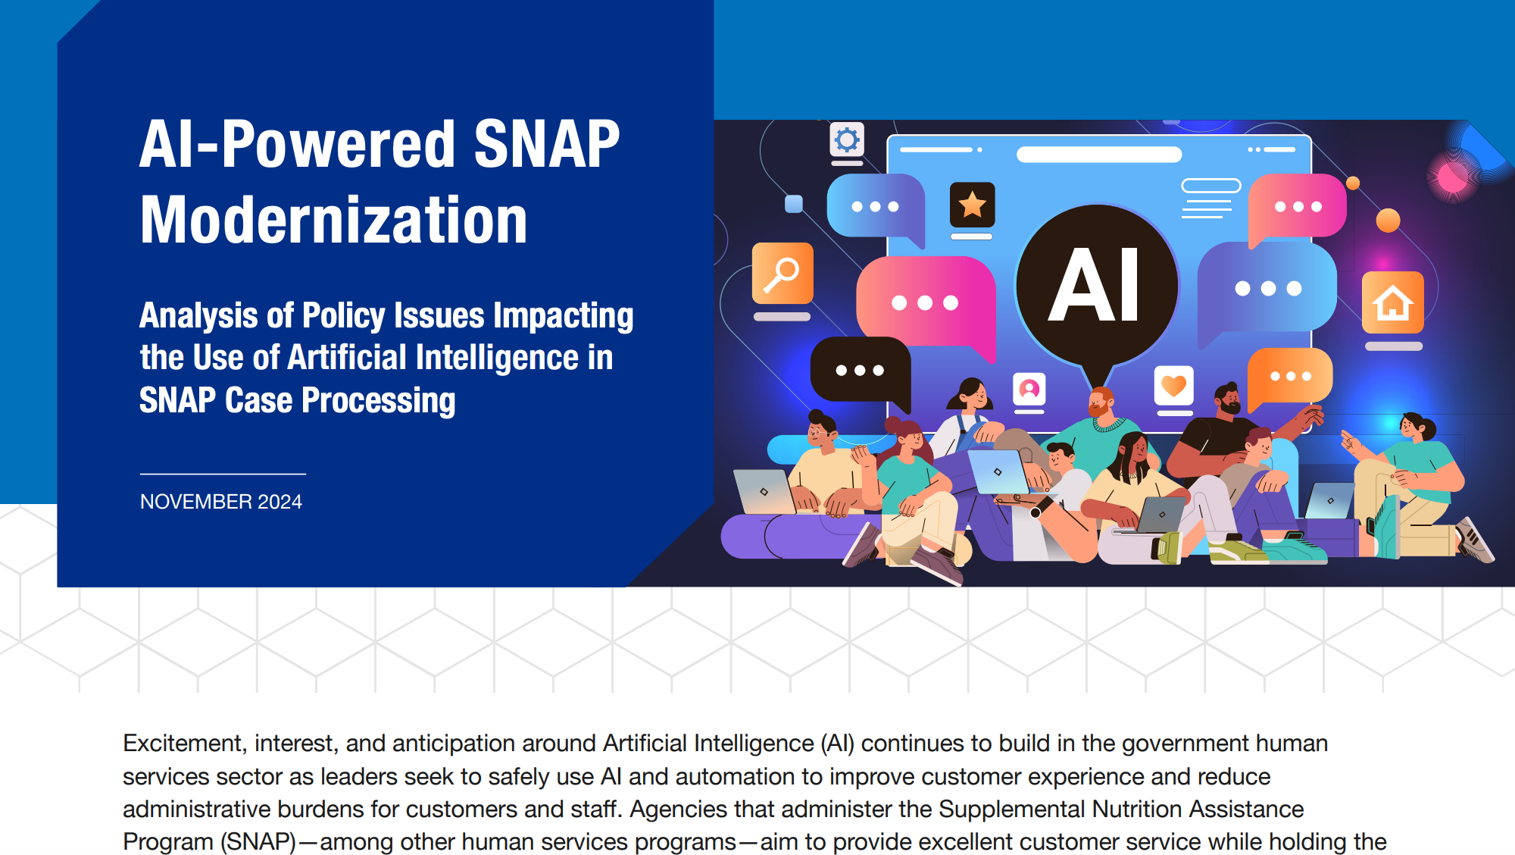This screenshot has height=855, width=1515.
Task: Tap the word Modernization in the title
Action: point(333,220)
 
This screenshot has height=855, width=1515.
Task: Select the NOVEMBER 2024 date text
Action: point(220,502)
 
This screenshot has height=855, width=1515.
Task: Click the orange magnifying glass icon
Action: point(782,273)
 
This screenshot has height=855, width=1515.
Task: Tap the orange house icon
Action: point(1392,302)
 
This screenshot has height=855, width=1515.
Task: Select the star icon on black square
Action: point(972,205)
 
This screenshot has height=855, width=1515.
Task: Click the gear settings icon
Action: point(847,139)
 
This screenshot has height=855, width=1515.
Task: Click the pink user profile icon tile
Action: point(1029,390)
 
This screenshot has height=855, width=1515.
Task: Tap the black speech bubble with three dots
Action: point(860,370)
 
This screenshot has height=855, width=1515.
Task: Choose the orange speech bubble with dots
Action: point(1290,376)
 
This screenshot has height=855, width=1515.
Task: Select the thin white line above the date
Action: point(223,474)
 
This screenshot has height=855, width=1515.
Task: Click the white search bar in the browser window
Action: point(1098,155)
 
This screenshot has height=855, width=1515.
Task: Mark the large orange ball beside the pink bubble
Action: point(1388,220)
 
